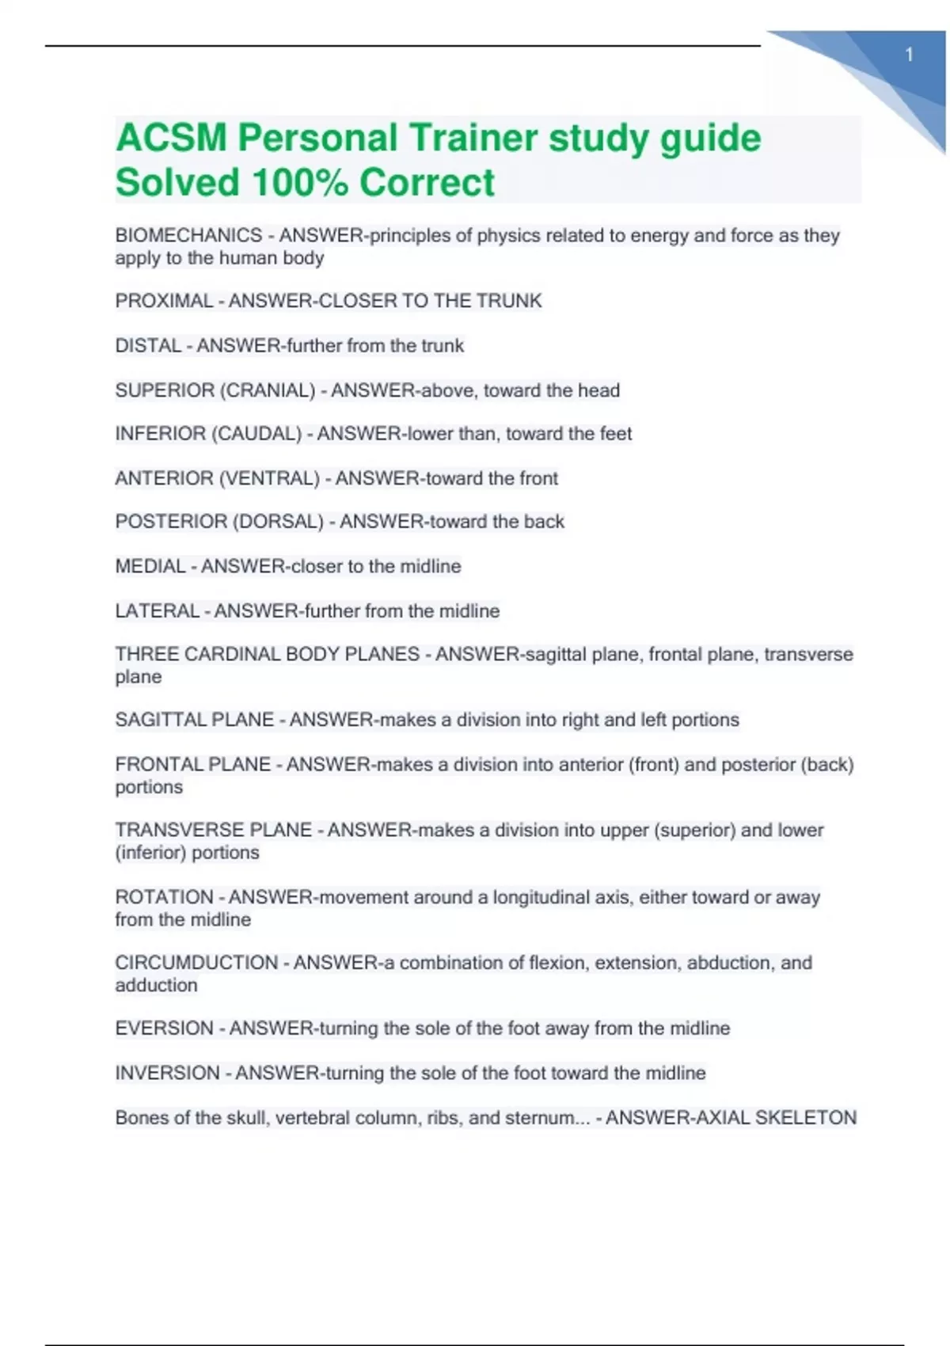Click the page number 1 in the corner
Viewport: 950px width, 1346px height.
click(909, 55)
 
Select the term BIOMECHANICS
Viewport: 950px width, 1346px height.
click(188, 235)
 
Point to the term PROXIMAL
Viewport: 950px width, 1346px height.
click(164, 301)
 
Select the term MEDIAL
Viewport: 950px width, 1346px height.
click(150, 566)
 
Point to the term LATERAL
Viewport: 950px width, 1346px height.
click(157, 611)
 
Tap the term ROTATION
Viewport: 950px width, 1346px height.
click(164, 897)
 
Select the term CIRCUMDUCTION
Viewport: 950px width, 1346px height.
click(196, 963)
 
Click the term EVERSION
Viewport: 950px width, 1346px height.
click(164, 1029)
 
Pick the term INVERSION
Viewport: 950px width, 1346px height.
click(167, 1073)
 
